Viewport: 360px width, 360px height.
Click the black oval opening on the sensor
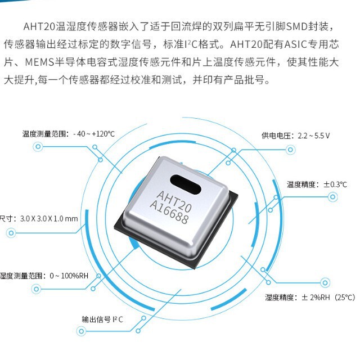coord(185,182)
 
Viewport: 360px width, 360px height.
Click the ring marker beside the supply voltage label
coord(290,149)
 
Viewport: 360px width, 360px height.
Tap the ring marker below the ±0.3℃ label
coord(333,197)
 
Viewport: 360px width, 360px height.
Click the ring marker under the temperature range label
coord(38,147)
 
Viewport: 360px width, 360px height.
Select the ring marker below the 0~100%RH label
coord(37,289)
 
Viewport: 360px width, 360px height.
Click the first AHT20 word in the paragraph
coord(36,26)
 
